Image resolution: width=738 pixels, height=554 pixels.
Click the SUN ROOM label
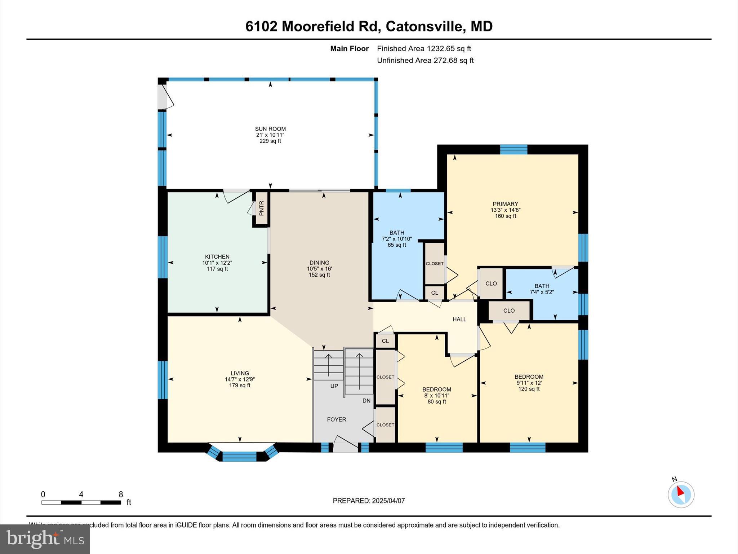pos(270,129)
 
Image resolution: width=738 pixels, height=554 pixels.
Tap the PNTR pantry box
pos(262,208)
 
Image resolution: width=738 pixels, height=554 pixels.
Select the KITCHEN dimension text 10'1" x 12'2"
pos(217,263)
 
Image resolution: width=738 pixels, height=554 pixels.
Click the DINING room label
pos(319,263)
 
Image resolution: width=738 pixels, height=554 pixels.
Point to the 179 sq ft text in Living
pos(240,385)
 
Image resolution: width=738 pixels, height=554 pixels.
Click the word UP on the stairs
pos(334,386)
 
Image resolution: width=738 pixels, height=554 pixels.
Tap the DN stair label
pos(366,401)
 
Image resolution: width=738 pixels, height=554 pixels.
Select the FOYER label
pos(337,419)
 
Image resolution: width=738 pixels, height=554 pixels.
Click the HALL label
pos(459,319)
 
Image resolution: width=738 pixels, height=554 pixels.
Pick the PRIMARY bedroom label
pos(505,204)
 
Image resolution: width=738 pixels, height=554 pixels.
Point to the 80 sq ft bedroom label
pos(437,401)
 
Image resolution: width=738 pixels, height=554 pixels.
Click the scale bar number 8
pos(121,494)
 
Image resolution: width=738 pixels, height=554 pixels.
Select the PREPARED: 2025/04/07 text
pos(369,501)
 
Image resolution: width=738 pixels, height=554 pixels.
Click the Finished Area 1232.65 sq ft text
pos(424,48)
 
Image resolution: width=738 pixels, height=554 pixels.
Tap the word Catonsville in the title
pos(424,26)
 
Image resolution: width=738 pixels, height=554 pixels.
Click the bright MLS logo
pos(45,539)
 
